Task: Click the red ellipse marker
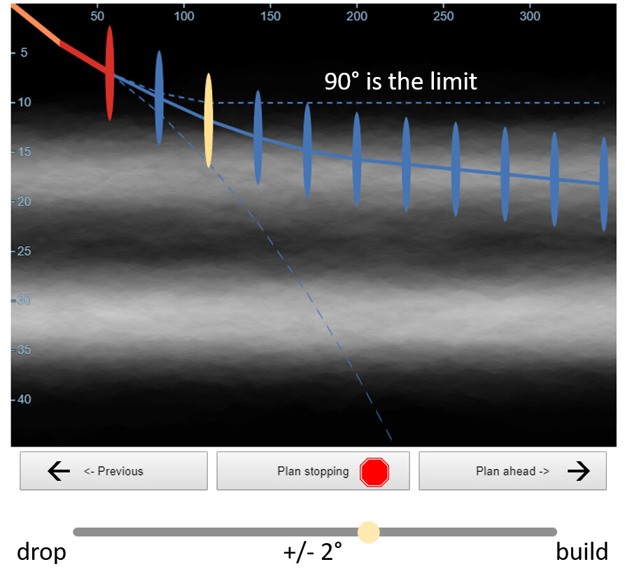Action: point(110,73)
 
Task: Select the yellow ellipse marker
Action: point(209,120)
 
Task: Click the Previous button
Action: point(113,470)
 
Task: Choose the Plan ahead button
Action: point(512,470)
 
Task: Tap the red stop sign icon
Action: point(374,472)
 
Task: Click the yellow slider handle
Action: point(369,532)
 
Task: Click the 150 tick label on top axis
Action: point(271,16)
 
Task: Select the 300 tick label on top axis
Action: point(530,16)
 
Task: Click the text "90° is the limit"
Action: point(400,81)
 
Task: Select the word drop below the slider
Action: point(41,552)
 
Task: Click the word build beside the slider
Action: point(582,552)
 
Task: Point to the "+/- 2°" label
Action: point(312,552)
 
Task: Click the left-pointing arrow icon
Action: point(59,471)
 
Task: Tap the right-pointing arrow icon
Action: point(578,471)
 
